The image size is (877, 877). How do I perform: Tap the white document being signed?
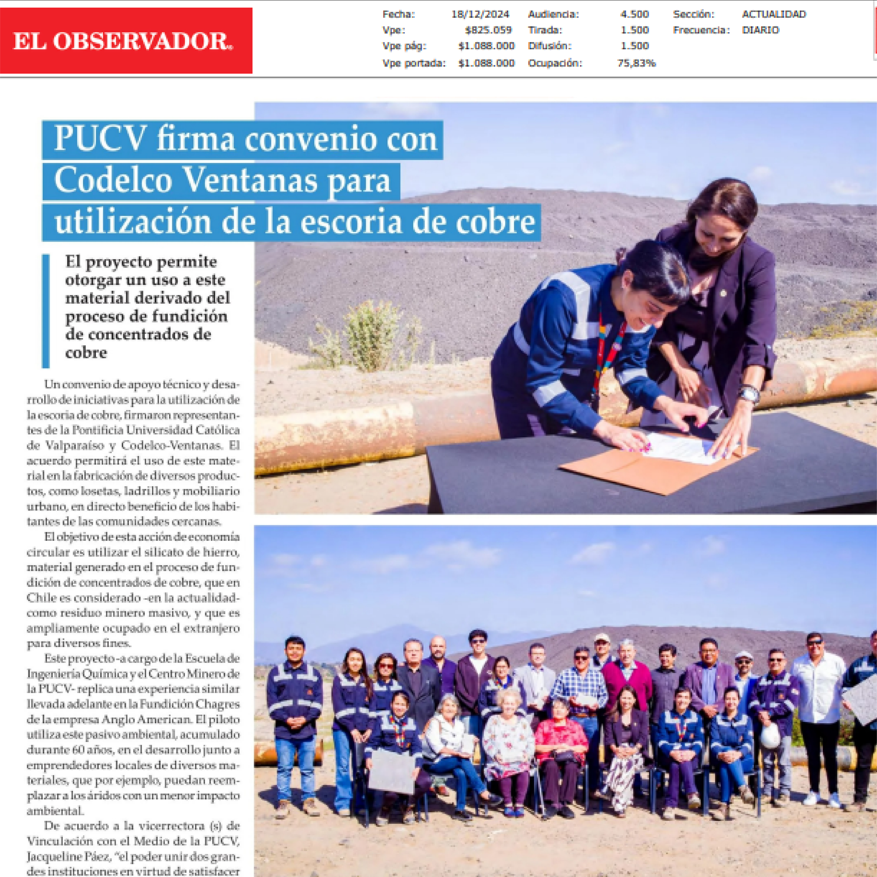(x=681, y=447)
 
